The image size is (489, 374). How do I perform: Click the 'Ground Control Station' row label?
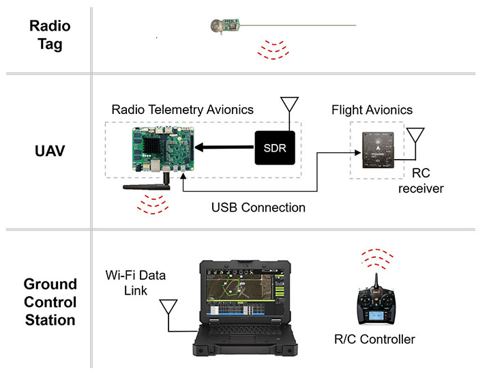click(x=50, y=302)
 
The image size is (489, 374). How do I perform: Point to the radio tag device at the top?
click(x=225, y=26)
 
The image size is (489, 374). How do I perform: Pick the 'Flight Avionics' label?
click(x=372, y=109)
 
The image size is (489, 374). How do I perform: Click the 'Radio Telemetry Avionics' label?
click(x=182, y=109)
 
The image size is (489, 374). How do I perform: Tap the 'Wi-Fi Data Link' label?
click(x=136, y=285)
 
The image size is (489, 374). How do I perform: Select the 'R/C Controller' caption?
click(x=374, y=339)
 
